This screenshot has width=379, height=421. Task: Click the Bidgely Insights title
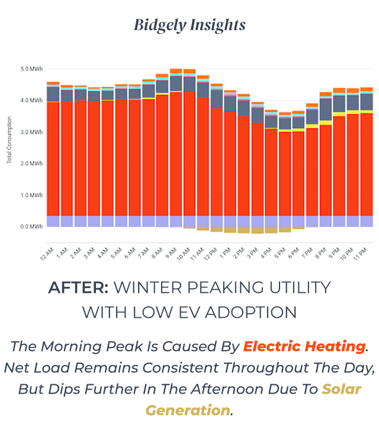[189, 25]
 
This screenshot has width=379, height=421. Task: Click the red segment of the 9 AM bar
[175, 154]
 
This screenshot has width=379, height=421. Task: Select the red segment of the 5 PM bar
[285, 172]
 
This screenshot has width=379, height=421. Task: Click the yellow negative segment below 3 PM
[258, 230]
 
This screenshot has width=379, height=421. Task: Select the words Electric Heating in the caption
[304, 346]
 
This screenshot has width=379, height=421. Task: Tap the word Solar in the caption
[341, 390]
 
